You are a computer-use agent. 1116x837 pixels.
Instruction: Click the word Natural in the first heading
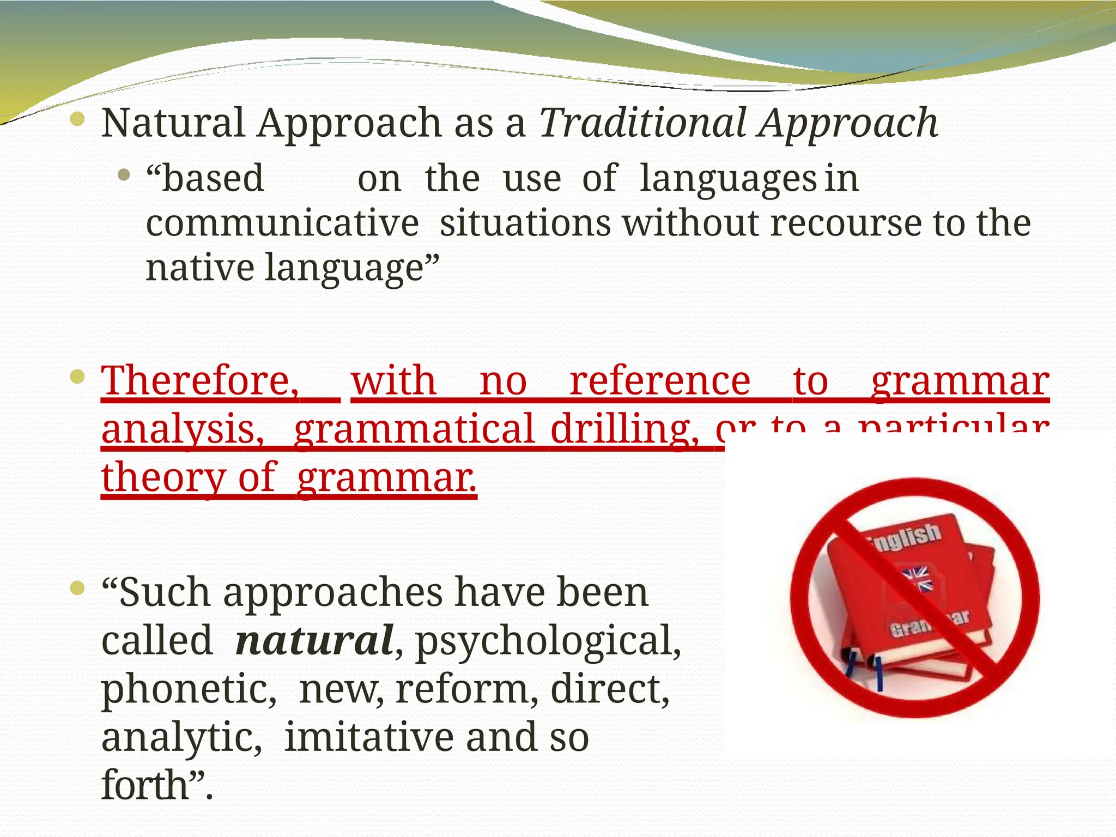tap(173, 123)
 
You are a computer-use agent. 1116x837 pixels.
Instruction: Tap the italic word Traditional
tap(642, 123)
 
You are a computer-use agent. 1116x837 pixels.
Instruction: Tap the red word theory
tap(163, 477)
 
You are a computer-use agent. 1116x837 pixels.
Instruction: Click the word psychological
tap(548, 641)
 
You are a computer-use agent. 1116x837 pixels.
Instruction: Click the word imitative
tap(371, 737)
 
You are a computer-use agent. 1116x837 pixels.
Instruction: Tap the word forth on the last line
tap(145, 785)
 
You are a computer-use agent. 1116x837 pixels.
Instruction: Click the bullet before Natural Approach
tap(78, 118)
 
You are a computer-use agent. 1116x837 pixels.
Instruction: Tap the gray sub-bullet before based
tap(124, 175)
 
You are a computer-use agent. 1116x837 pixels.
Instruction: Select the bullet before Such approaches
tap(78, 587)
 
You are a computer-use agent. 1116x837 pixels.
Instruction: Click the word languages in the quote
tap(728, 179)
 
